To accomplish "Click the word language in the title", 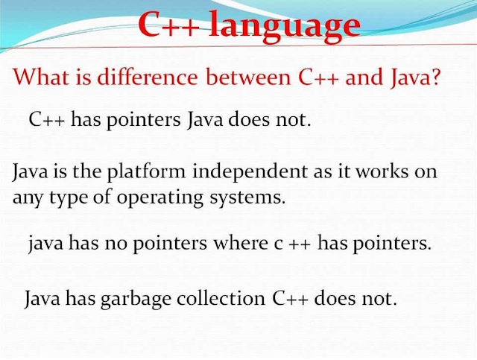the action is click(x=285, y=27).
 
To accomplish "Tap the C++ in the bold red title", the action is click(x=169, y=24).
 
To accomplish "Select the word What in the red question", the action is click(x=41, y=76).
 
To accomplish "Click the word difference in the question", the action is click(x=148, y=76).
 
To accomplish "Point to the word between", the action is click(x=248, y=76).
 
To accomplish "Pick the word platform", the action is click(x=146, y=172).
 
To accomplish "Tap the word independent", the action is click(x=250, y=172).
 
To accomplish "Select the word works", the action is click(x=382, y=171).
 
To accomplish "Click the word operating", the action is click(x=160, y=198).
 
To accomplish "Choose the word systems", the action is click(x=247, y=198).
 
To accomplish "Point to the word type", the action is click(x=69, y=198).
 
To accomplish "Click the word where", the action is click(x=241, y=243).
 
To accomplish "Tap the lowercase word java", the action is click(x=46, y=244).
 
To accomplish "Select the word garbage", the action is click(x=136, y=299).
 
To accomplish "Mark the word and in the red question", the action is click(x=364, y=76).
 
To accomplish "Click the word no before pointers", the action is click(x=116, y=244).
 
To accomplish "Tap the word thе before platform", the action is click(x=86, y=171).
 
